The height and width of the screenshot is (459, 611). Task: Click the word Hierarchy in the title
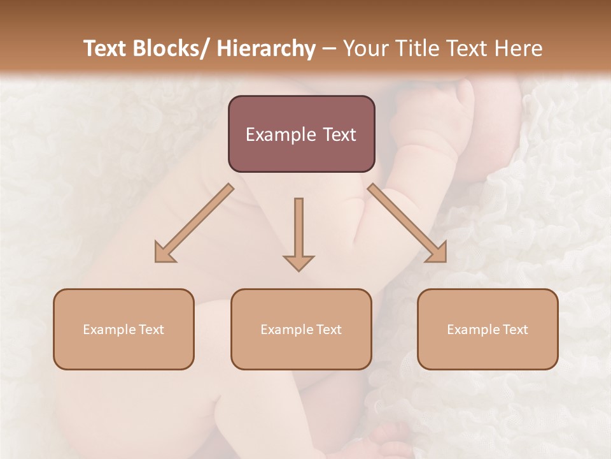(x=266, y=48)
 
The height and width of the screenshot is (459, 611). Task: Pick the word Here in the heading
(x=520, y=48)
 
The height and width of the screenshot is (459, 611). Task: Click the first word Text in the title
(x=106, y=48)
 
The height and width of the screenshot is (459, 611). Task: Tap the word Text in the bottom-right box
(x=514, y=330)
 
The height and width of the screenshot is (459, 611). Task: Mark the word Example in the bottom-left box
(x=109, y=330)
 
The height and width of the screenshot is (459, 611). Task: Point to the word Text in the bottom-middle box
(x=327, y=330)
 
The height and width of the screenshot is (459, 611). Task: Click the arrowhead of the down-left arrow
(x=164, y=253)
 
